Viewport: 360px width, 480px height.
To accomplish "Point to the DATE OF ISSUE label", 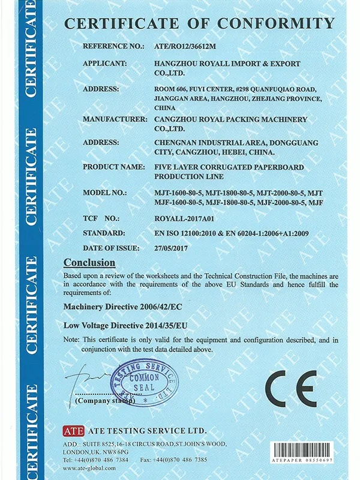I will pos(111,247).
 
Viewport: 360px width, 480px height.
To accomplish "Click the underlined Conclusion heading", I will pos(89,263).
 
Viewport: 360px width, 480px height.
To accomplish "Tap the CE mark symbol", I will pos(292,389).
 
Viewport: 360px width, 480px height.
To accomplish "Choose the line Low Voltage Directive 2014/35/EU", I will pos(127,325).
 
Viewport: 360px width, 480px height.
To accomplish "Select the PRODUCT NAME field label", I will pos(113,167).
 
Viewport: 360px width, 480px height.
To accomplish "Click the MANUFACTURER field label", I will pos(114,119).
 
